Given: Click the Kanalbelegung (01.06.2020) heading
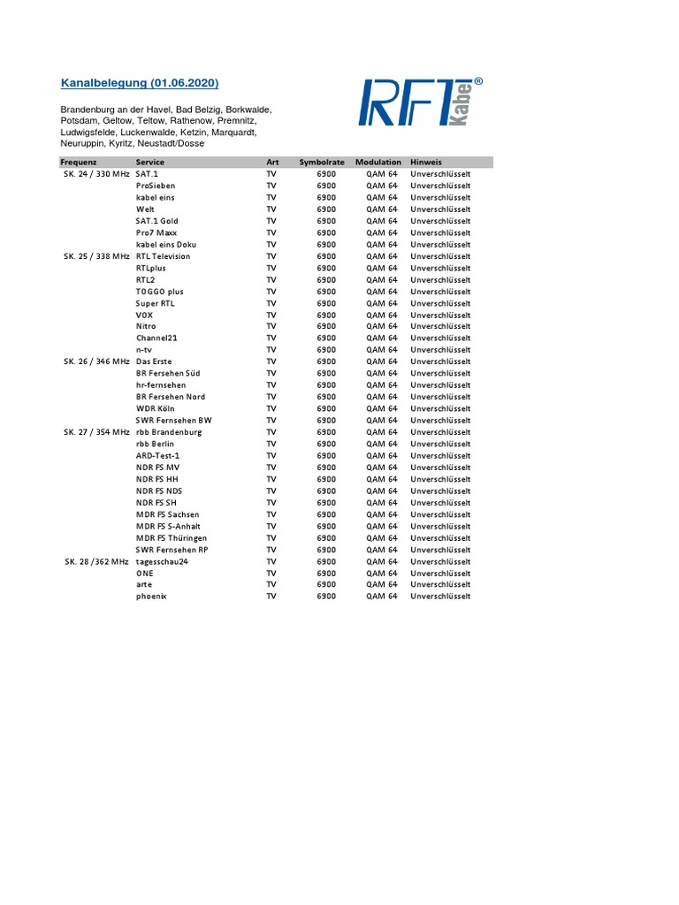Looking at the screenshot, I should (140, 83).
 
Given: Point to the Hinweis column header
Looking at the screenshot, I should (426, 163).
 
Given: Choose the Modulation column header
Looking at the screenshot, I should (378, 163).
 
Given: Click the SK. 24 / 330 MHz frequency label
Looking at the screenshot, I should (95, 174).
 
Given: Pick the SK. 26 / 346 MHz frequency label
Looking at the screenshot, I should (95, 361).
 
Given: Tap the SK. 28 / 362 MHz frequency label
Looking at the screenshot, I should (95, 561).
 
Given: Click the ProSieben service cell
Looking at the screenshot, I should (156, 186).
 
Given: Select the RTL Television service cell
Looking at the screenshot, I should (163, 256).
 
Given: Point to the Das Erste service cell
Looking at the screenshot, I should (154, 361).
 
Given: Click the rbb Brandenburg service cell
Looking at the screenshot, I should (169, 432).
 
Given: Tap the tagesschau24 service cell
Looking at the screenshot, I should (162, 561).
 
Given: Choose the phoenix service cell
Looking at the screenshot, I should (151, 597).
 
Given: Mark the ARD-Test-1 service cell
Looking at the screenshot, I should (158, 455).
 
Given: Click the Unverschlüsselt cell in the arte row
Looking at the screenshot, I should (440, 584).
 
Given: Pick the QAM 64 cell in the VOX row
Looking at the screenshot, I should (382, 315).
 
